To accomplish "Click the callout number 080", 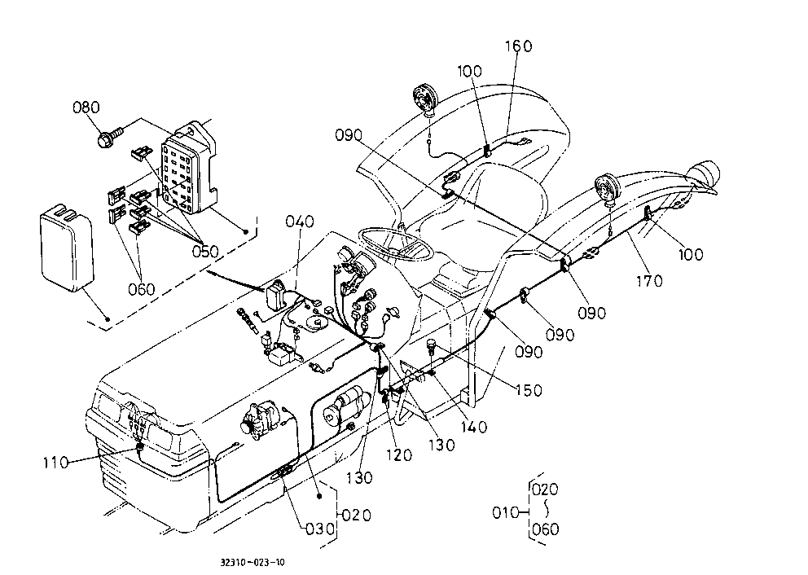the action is click(86, 108).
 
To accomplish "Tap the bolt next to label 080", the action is click(110, 137).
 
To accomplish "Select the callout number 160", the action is click(518, 46).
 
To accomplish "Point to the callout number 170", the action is click(649, 281).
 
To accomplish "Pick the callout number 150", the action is click(529, 390).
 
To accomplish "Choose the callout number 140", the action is click(473, 427).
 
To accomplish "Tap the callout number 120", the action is click(399, 454).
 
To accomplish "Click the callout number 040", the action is click(300, 222).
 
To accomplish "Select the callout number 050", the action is click(205, 252).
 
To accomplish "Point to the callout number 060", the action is click(141, 289).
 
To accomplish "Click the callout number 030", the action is click(320, 529).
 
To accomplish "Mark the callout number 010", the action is click(506, 512).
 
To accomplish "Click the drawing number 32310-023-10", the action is click(253, 562).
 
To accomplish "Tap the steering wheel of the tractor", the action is click(396, 245).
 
